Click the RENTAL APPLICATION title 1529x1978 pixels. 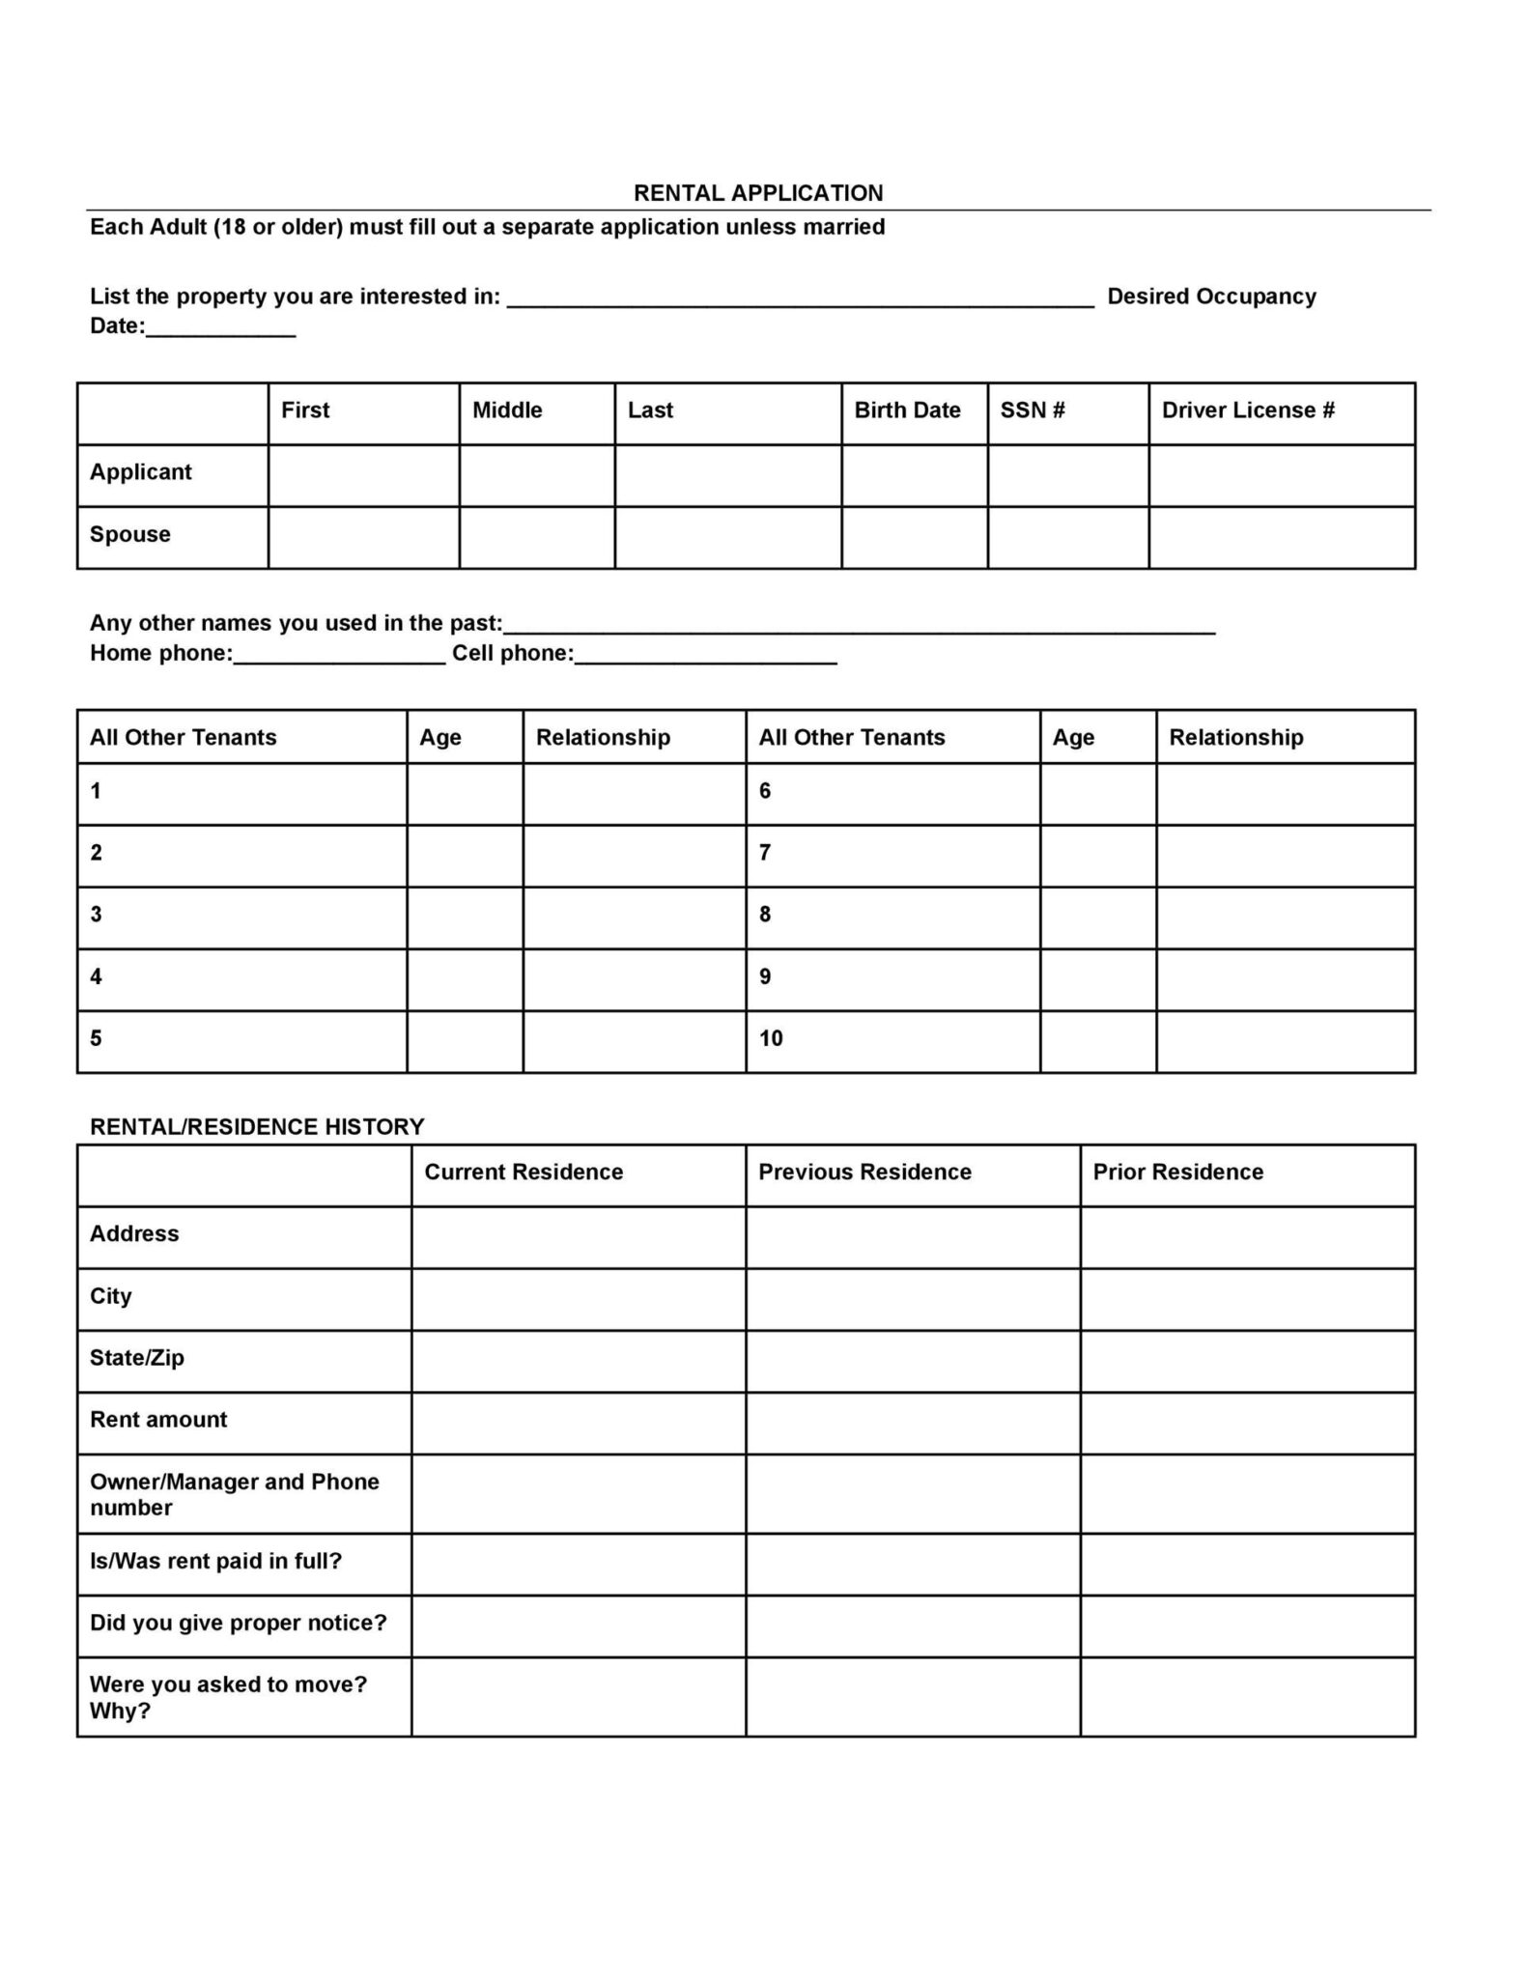(x=757, y=193)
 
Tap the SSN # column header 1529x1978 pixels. (x=1032, y=410)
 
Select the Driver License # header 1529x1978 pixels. (x=1247, y=410)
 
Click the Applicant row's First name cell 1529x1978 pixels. (x=363, y=475)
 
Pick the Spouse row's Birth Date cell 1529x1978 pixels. (x=914, y=537)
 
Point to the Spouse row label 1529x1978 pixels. (x=130, y=534)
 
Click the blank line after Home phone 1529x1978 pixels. (x=339, y=657)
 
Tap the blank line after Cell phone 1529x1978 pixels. (x=705, y=657)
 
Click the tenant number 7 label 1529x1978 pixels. (x=765, y=853)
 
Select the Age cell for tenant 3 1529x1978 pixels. (x=465, y=918)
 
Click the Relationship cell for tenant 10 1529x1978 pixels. (x=1285, y=1041)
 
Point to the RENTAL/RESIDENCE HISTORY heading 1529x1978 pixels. (x=257, y=1127)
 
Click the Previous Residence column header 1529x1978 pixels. (x=864, y=1173)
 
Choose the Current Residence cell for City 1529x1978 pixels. (x=578, y=1299)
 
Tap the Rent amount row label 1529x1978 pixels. (x=158, y=1420)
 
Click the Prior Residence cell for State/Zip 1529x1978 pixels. (x=1247, y=1361)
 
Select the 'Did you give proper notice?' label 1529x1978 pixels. (x=238, y=1623)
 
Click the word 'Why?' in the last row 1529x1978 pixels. (x=121, y=1711)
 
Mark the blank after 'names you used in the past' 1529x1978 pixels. (x=860, y=627)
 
